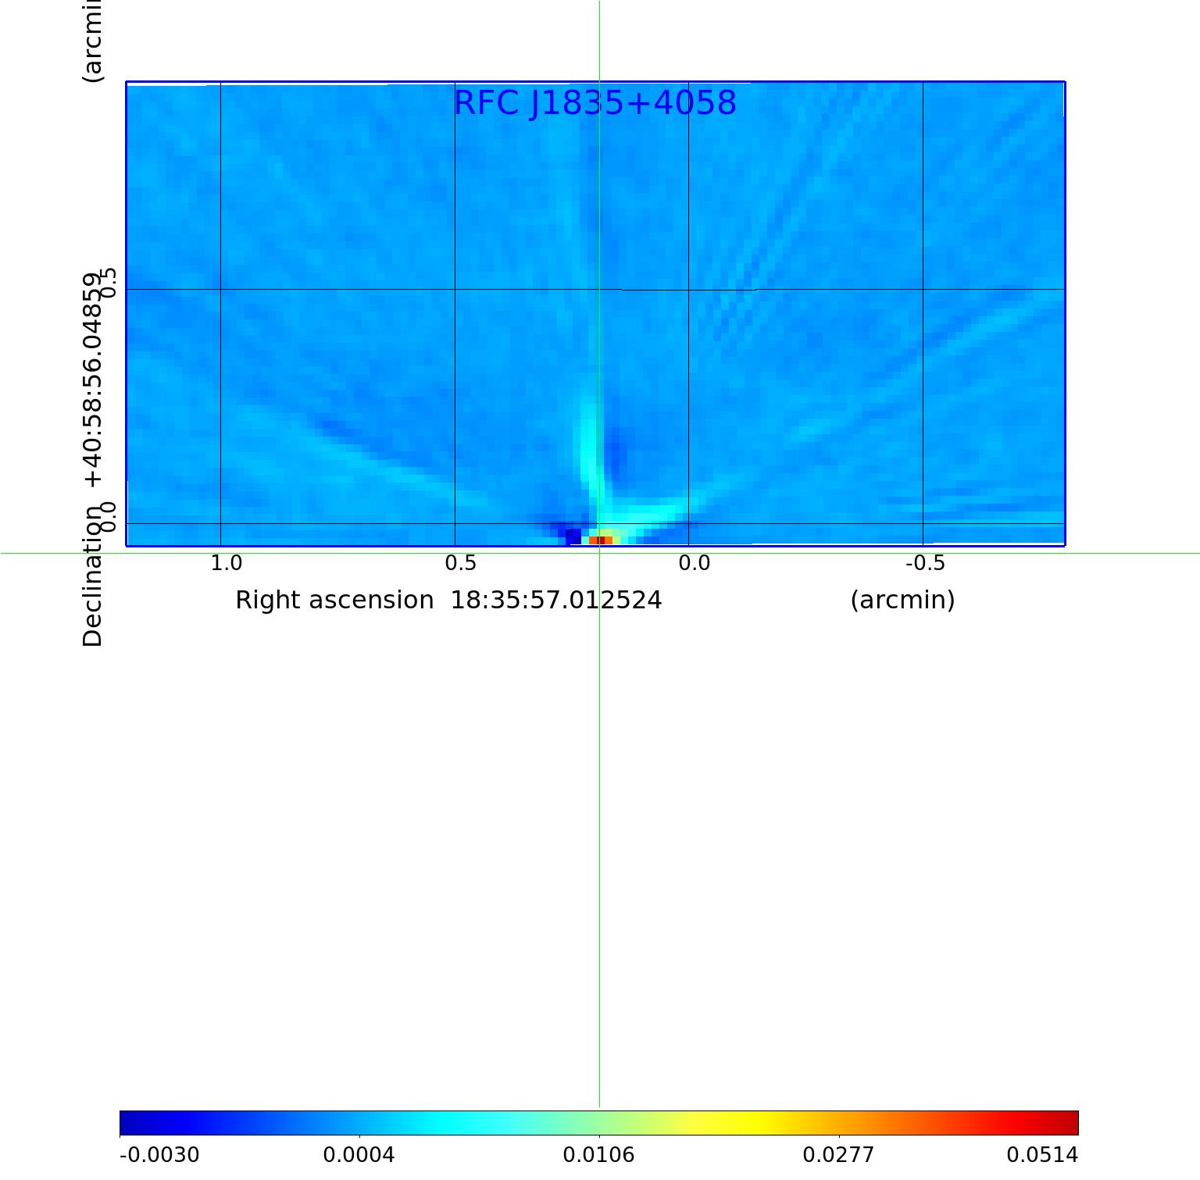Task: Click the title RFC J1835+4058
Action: point(595,103)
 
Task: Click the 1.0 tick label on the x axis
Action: point(227,563)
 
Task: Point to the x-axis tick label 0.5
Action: point(460,563)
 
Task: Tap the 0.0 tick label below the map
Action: point(694,563)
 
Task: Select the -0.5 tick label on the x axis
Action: point(925,563)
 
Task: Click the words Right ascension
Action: point(334,601)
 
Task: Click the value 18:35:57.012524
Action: point(556,601)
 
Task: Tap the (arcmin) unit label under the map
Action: point(902,601)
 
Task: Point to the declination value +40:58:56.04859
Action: point(92,380)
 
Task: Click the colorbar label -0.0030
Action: point(159,1155)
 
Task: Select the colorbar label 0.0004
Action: point(359,1155)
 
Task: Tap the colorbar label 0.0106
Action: point(598,1155)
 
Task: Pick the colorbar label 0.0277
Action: point(838,1155)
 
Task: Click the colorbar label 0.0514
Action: point(1041,1155)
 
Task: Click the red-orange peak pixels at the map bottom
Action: point(601,540)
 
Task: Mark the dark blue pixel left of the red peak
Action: point(573,537)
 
